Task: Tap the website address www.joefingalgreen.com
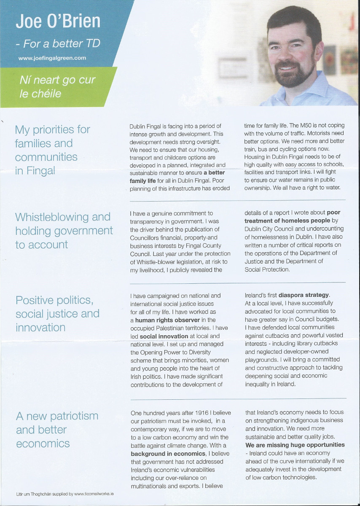52,58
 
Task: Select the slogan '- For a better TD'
58,43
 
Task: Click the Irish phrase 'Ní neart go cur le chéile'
57,86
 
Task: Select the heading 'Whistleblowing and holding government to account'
64,231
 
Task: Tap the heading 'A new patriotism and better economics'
57,430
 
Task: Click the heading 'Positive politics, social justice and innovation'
57,314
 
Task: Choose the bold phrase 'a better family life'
177,177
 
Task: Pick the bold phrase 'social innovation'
164,336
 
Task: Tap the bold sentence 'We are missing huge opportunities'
295,445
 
